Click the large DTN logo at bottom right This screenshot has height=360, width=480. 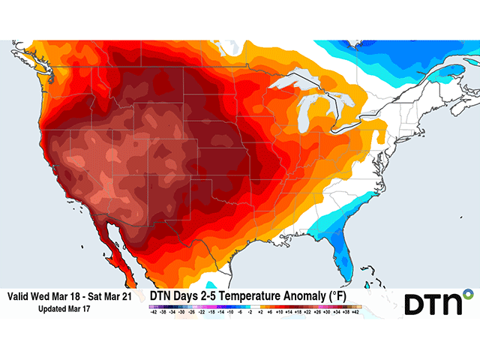pos(438,303)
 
